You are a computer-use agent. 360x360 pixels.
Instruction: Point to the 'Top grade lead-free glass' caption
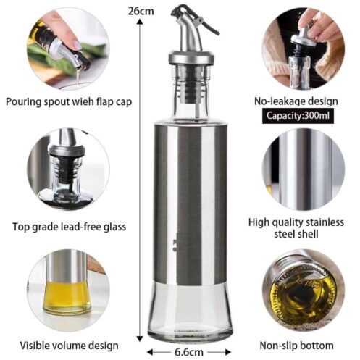[69, 227]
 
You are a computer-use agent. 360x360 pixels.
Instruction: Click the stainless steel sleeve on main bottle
[190, 203]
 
